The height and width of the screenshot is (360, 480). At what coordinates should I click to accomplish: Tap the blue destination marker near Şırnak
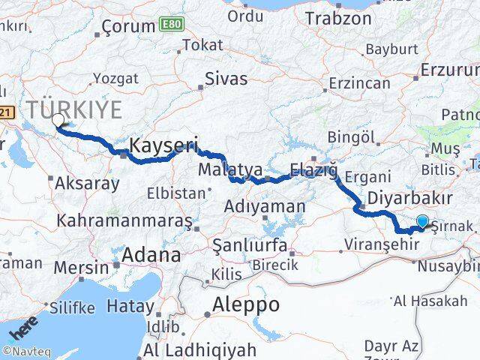coord(423,221)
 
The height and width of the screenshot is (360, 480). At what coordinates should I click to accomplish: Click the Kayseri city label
coord(163,145)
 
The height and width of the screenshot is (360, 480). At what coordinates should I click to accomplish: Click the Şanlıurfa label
coord(250,245)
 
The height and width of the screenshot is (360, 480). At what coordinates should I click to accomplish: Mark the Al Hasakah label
coord(440,301)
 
